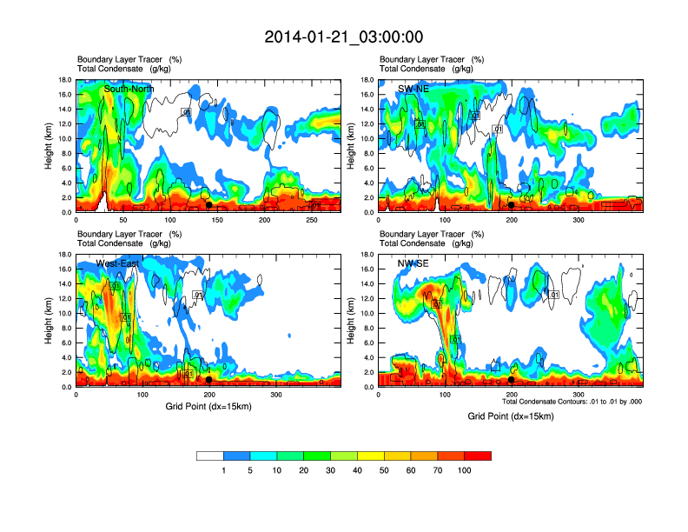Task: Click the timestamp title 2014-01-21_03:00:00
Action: pos(344,37)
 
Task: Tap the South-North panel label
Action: pos(130,89)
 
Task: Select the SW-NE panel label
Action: pos(413,89)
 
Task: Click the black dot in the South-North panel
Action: pos(208,204)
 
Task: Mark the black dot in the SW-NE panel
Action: pos(512,205)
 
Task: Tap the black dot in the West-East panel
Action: pos(208,380)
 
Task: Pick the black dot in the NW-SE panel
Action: pos(512,380)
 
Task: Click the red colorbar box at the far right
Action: pos(478,455)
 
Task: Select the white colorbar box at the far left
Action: pos(210,455)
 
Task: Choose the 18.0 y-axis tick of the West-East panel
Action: pos(64,255)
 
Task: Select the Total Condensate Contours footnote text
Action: pos(572,402)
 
